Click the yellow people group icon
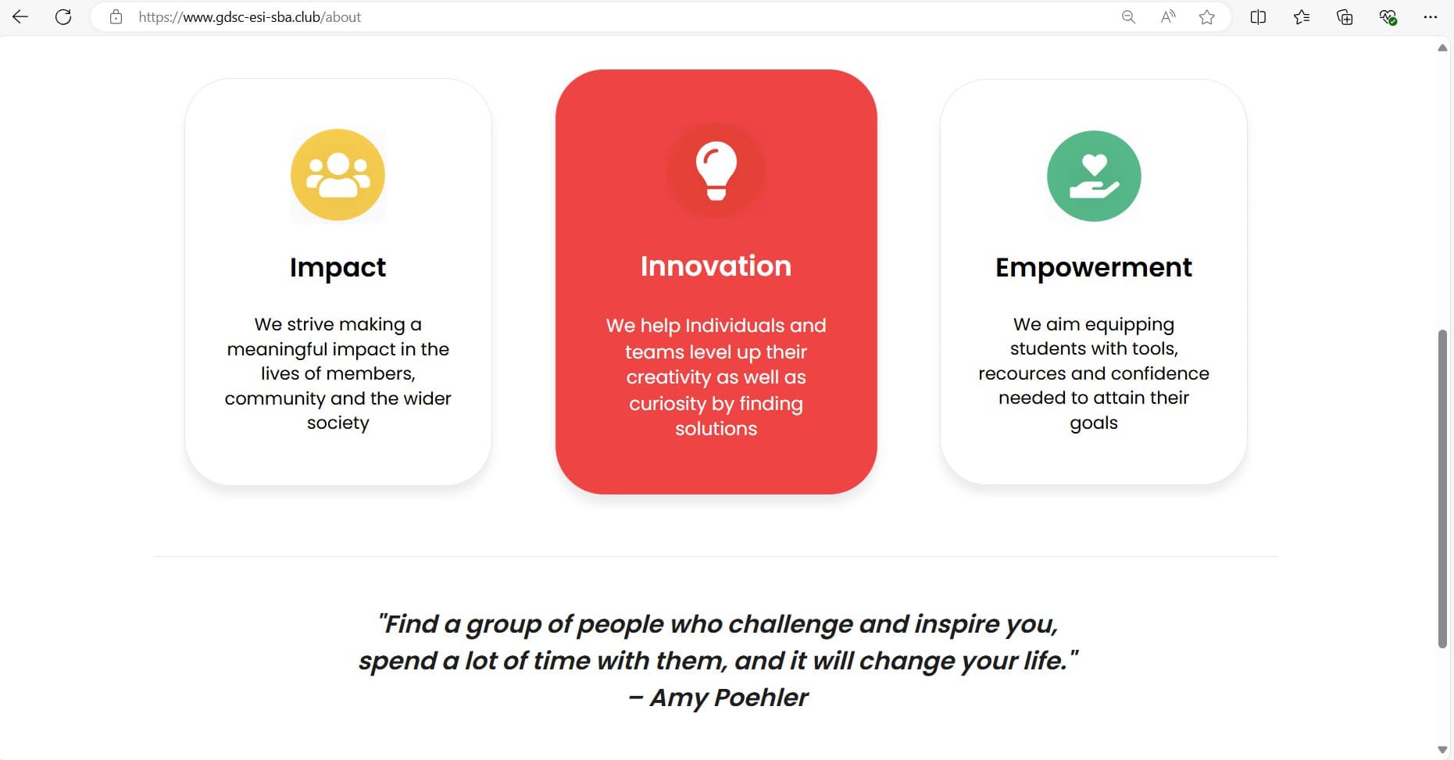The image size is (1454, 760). tap(338, 175)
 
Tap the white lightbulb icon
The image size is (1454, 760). tap(716, 170)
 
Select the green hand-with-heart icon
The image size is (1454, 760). tap(1094, 176)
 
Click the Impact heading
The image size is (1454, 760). tap(338, 268)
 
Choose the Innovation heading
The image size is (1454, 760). tap(716, 266)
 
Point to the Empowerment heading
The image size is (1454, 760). tap(1094, 268)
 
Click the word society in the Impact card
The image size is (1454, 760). tap(338, 423)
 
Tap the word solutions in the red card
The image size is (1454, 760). tap(716, 429)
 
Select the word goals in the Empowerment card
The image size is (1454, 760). tap(1094, 423)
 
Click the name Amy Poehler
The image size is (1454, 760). tap(729, 698)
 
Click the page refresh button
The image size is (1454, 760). tap(63, 16)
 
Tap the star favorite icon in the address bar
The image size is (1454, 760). tap(1207, 16)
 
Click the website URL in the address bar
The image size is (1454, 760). tap(250, 17)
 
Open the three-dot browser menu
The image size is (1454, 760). tap(1431, 16)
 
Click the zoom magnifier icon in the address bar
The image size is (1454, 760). tap(1128, 16)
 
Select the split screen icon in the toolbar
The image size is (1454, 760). tap(1258, 16)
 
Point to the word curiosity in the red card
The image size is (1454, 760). tap(668, 404)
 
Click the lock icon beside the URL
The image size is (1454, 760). tap(116, 16)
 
